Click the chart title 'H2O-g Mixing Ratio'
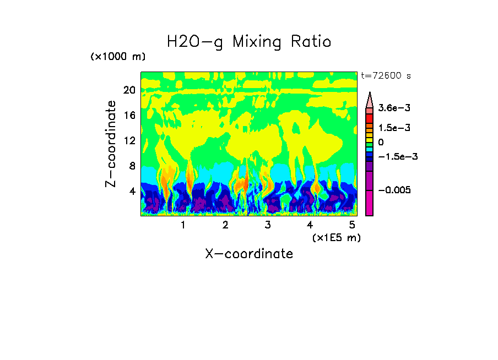point(249,42)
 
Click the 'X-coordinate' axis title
point(249,254)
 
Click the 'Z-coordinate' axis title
point(111,144)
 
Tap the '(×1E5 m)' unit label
point(336,237)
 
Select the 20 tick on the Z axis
point(129,90)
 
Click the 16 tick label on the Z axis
point(129,115)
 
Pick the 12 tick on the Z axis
point(129,140)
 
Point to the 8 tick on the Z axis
point(132,166)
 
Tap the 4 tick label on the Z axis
point(132,191)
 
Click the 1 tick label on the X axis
point(183,225)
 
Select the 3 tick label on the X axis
point(267,225)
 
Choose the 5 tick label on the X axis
point(352,225)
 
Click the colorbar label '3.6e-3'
point(391,108)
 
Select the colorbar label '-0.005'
point(393,190)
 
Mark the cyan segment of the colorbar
point(370,149)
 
